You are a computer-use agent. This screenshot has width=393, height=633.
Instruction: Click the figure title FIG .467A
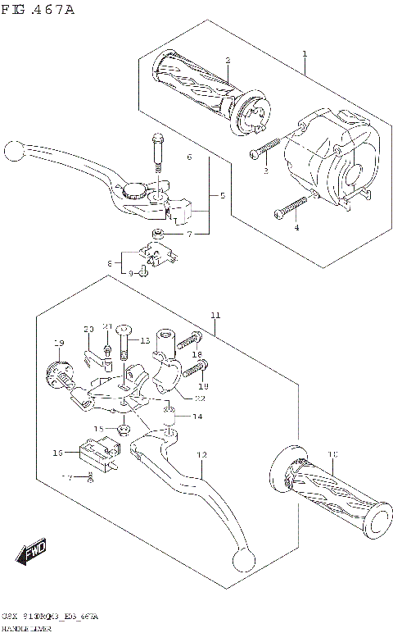[x=38, y=10]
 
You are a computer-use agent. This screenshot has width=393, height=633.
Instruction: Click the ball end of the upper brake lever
[x=12, y=151]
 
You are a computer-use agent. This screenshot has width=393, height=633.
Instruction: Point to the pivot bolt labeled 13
[x=124, y=340]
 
